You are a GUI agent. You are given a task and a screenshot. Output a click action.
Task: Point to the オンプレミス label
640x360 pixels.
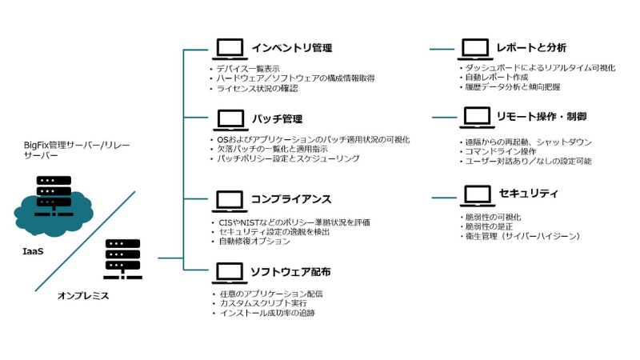pyautogui.click(x=82, y=296)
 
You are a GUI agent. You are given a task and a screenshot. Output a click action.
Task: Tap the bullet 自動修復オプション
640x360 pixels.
pyautogui.click(x=255, y=240)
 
